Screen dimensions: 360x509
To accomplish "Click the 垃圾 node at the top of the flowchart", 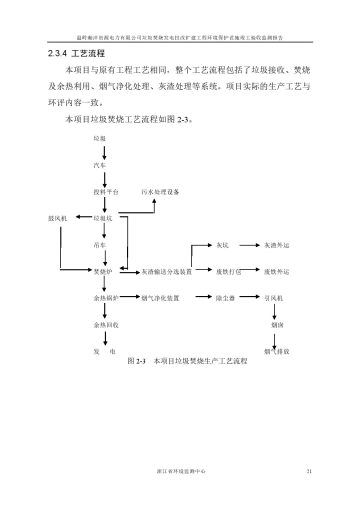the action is (99, 138).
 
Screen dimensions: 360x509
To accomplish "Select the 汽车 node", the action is (99, 165).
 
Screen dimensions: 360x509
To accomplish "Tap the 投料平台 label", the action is (106, 192).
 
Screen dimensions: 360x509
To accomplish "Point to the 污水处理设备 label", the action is (160, 192).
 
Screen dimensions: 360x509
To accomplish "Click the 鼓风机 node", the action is (57, 218).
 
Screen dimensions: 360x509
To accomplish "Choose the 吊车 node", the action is (99, 245).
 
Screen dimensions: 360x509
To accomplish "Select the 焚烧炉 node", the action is (103, 271).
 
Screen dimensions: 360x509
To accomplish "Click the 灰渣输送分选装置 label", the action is (166, 271).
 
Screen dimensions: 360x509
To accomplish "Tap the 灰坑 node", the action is (222, 245).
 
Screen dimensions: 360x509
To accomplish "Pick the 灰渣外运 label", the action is (276, 245).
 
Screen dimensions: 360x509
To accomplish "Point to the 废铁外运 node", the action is (276, 271).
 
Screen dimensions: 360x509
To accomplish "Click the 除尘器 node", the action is (225, 298).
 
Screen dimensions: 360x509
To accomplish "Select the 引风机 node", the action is (273, 298).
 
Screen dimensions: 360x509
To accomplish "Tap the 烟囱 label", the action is (277, 324).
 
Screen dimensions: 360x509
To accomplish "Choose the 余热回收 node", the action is (106, 324).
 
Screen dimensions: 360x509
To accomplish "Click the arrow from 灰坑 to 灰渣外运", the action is (250, 245).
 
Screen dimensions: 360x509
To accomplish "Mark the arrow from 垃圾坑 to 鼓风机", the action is (84, 217).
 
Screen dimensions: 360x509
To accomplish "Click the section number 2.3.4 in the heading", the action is (57, 53).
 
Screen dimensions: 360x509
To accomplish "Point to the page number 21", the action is (309, 471).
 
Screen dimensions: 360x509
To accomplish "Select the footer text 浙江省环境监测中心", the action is (181, 471).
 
